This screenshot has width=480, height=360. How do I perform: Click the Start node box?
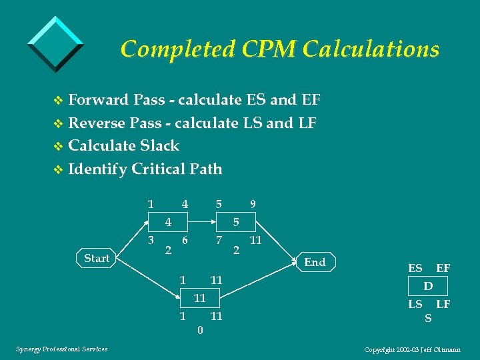(x=97, y=258)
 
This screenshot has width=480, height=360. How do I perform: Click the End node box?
(x=315, y=262)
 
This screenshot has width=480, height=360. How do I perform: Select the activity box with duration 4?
(x=169, y=221)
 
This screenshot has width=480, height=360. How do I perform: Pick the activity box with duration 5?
(x=235, y=221)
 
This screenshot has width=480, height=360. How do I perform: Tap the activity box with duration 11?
(x=199, y=297)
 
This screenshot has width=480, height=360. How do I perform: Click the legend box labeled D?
(x=428, y=286)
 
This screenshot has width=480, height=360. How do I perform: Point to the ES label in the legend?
(x=415, y=268)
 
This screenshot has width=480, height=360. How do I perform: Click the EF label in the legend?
(x=443, y=268)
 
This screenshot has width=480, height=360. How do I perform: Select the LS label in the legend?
(x=415, y=304)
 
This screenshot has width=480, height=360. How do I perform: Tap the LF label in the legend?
(x=443, y=304)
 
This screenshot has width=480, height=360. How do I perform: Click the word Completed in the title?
(x=175, y=49)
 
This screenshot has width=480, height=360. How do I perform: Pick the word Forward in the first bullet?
(x=98, y=100)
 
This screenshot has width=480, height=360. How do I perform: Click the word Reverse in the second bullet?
(x=98, y=123)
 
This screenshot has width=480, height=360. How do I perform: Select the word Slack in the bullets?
(x=158, y=145)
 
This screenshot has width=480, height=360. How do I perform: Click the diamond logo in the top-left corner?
(x=56, y=43)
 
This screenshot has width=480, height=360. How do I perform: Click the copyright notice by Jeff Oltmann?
(x=413, y=349)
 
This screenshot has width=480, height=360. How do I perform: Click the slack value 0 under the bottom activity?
(x=200, y=329)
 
